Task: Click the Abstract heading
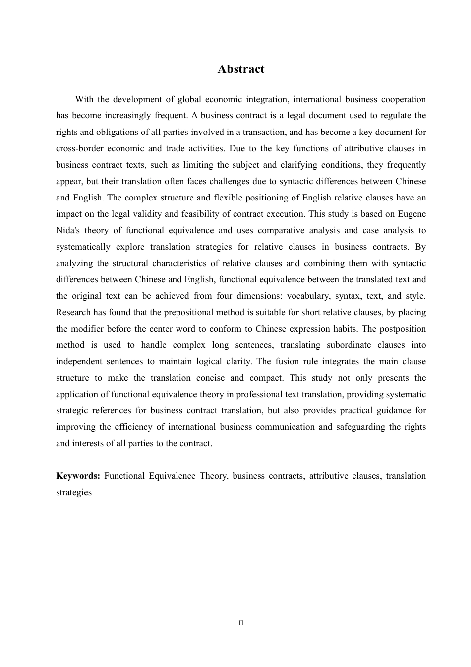pos(241,69)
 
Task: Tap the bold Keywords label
pos(78,476)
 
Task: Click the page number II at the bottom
pos(241,623)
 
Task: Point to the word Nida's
pos(68,230)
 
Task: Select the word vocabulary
pos(308,296)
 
